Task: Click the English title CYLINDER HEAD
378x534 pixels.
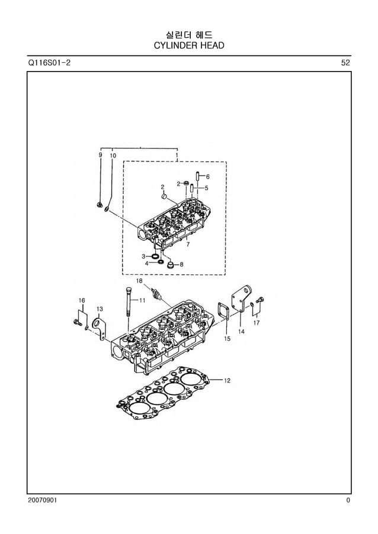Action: tap(188, 46)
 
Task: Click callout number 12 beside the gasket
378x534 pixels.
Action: tap(227, 380)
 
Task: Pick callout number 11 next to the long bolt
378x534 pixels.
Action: tap(142, 300)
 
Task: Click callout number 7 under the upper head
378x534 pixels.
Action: tap(188, 244)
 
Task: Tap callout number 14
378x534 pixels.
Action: tap(242, 332)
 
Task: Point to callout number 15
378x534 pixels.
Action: tap(227, 339)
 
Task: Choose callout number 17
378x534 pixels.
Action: tap(257, 323)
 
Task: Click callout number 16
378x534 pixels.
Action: tap(82, 300)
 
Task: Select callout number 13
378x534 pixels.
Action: tap(100, 309)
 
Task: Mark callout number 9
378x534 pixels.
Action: tap(100, 155)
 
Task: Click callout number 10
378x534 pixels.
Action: tap(113, 155)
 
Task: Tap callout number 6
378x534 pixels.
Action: tap(207, 176)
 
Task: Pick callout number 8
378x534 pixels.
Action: tap(181, 264)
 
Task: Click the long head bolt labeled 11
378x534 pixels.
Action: tap(128, 305)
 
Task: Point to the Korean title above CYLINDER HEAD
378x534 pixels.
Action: tap(188, 35)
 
